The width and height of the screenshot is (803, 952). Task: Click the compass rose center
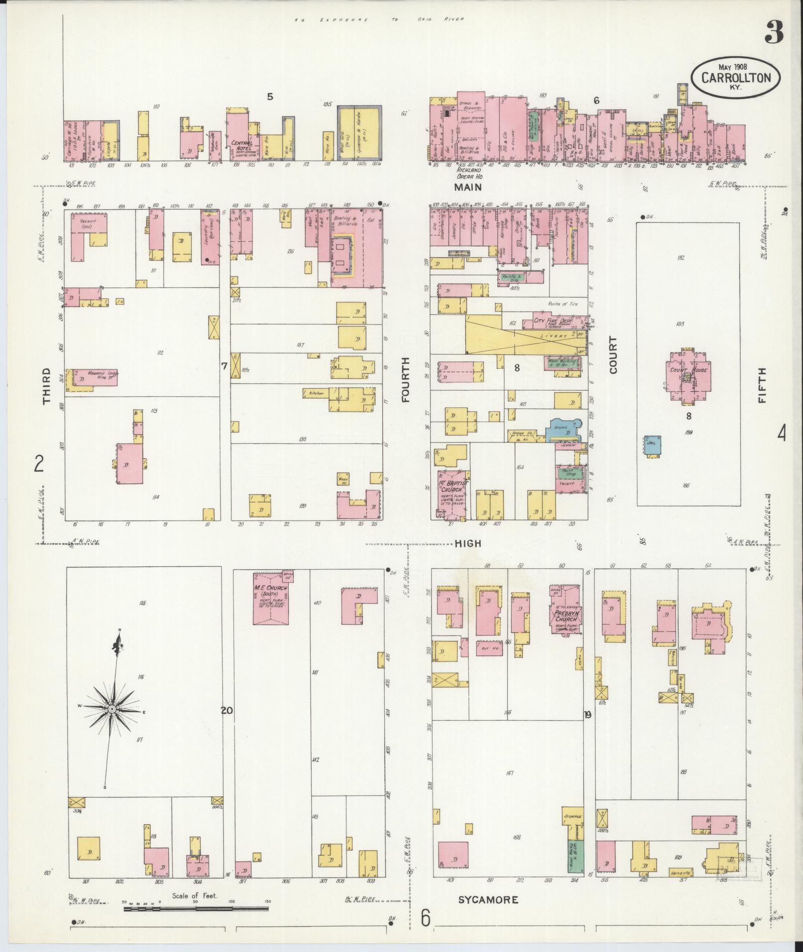(113, 709)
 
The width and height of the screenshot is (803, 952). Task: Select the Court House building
(688, 376)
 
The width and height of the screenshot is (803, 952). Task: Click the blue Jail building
(653, 444)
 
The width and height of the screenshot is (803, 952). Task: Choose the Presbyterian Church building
(565, 610)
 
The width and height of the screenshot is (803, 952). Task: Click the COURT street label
(612, 355)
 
